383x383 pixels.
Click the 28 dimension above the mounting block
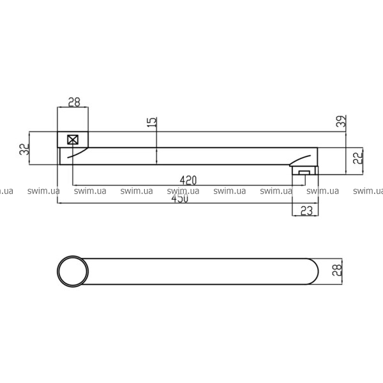point(74,102)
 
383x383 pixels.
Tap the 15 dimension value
point(152,122)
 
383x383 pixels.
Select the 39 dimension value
point(342,121)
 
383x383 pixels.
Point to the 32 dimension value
point(24,149)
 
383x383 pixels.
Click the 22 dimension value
point(358,158)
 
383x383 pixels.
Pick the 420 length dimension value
point(188,180)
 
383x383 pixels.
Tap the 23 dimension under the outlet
point(306,211)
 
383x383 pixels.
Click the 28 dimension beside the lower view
point(337,270)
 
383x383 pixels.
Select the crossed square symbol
point(73,140)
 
